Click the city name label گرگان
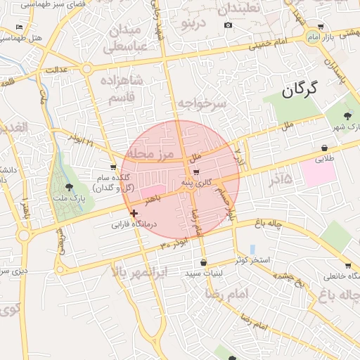point(300,89)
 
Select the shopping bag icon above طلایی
point(324,148)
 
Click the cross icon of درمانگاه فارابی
point(134,212)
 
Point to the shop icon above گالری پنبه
point(196,172)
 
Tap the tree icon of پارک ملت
point(68,187)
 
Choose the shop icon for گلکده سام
point(113,167)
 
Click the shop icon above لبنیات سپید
point(203,263)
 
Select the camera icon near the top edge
point(228,25)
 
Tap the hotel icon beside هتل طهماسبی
point(19,27)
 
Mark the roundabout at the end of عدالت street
point(86,69)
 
